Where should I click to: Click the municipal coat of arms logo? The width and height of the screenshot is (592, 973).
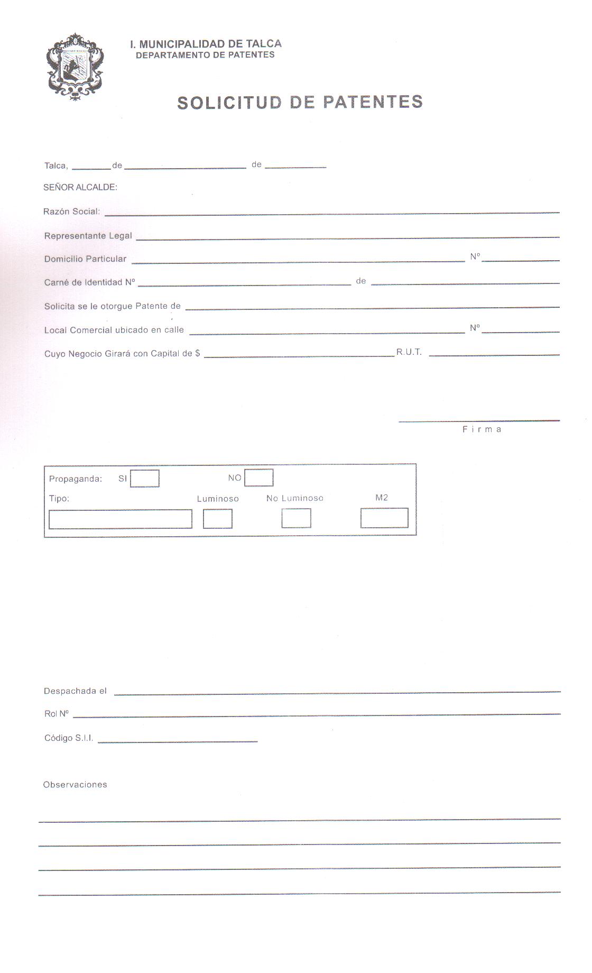click(76, 67)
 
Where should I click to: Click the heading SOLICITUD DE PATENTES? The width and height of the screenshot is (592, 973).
click(300, 103)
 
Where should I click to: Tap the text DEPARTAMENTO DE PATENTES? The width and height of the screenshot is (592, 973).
click(205, 55)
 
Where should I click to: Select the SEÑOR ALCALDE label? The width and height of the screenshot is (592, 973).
click(80, 187)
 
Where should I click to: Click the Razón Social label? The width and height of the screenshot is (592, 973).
click(71, 212)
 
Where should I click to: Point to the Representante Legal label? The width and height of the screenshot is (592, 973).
click(88, 236)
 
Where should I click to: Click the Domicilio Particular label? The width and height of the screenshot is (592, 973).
click(85, 259)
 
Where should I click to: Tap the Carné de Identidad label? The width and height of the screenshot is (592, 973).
click(89, 282)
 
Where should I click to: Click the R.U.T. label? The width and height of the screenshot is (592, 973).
click(409, 352)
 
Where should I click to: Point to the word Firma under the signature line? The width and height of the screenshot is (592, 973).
click(482, 429)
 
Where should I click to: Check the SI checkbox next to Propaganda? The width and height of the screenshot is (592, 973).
click(144, 479)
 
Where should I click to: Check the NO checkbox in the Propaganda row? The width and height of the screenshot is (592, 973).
click(258, 478)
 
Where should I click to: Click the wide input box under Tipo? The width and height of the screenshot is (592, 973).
click(120, 519)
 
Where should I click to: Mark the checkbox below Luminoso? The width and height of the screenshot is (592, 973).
click(217, 519)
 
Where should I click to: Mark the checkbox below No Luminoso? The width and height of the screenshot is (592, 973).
click(296, 518)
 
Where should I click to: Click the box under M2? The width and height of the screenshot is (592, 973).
click(384, 518)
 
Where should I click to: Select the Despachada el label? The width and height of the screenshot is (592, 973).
click(75, 691)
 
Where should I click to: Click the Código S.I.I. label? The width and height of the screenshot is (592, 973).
click(69, 738)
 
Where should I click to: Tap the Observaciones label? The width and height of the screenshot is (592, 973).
click(75, 785)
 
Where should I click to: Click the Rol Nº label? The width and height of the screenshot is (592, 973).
click(57, 714)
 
